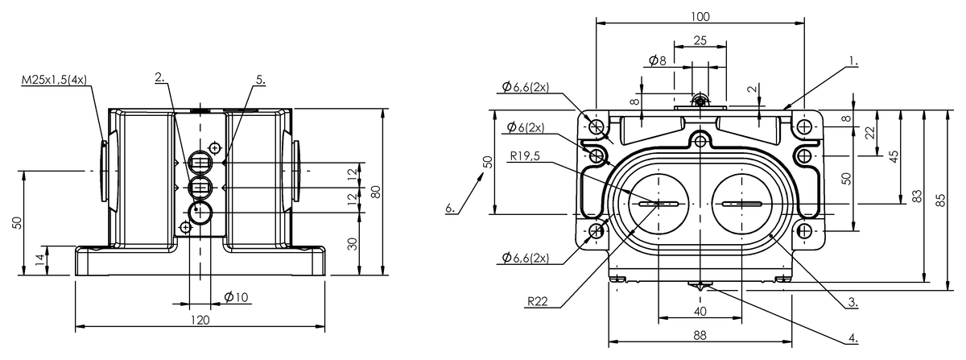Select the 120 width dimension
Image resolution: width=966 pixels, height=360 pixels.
200,320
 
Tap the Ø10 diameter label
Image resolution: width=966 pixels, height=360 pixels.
235,297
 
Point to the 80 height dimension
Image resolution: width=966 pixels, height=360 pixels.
374,192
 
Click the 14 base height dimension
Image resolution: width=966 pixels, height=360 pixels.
39,259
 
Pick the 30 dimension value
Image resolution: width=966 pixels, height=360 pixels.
352,244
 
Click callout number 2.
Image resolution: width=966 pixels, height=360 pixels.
160,77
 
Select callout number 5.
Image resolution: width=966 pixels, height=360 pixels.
260,79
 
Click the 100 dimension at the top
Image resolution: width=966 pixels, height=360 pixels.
700,16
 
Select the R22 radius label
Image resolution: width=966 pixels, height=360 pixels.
537,302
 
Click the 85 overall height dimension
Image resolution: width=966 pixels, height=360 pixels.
941,201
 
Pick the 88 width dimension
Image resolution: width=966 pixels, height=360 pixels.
700,336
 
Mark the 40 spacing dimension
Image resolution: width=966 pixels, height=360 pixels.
700,311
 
